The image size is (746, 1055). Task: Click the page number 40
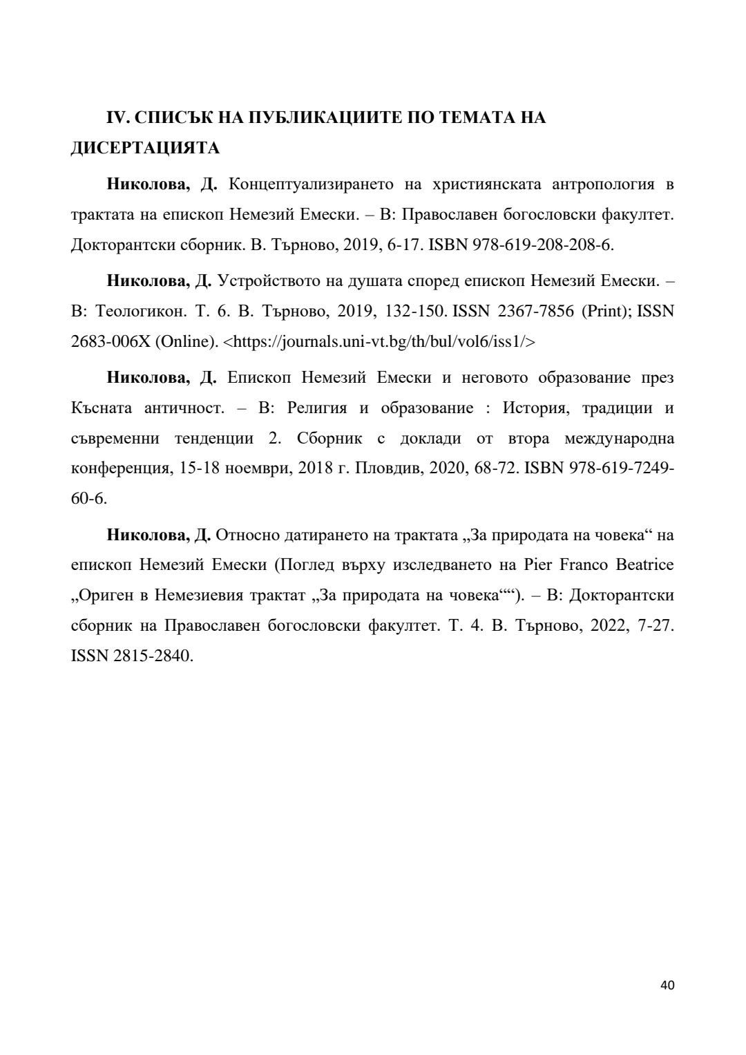point(667,985)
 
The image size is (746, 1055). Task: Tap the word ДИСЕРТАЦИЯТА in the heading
point(145,149)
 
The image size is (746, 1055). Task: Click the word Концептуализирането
point(310,184)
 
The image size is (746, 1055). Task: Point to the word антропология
point(603,184)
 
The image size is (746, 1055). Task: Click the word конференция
point(115,468)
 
